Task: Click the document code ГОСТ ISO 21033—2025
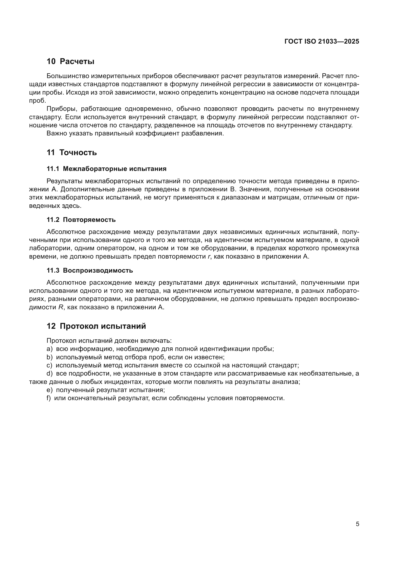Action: [x=322, y=42]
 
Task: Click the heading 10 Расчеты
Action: [x=70, y=62]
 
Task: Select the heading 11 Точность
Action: [x=72, y=152]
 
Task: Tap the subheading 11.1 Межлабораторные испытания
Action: [x=107, y=169]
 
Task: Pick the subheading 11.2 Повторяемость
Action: [x=81, y=220]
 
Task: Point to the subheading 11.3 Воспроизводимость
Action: [x=90, y=270]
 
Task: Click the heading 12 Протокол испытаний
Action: [x=96, y=326]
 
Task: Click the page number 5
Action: [x=357, y=524]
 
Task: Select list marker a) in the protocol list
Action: [x=49, y=349]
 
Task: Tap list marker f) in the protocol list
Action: [x=49, y=398]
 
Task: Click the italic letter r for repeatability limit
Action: [x=209, y=257]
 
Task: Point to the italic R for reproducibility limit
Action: [x=60, y=307]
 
